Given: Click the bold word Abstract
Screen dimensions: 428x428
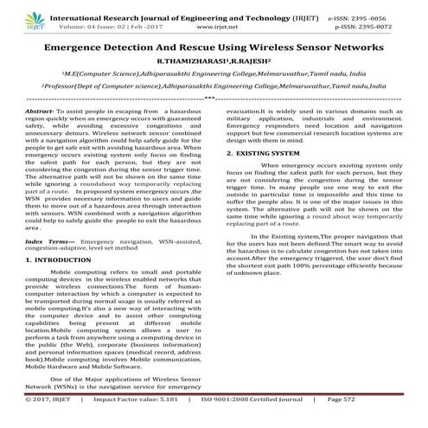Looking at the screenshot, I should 42,112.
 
